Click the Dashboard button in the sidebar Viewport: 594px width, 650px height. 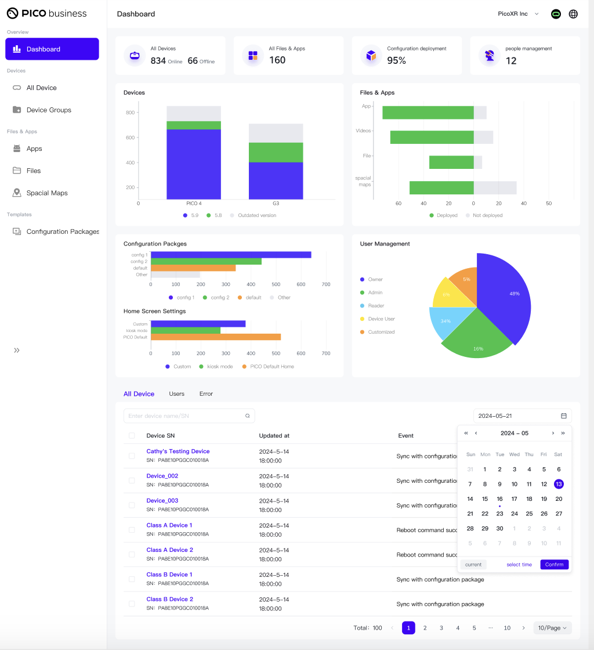52,49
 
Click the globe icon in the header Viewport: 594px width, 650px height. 573,14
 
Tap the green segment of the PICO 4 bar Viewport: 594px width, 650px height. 193,125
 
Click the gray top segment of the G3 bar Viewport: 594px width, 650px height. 276,133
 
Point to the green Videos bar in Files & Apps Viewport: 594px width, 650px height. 432,137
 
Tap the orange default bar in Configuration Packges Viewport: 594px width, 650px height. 193,268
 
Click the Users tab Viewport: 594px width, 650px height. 176,394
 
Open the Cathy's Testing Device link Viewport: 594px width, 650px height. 178,451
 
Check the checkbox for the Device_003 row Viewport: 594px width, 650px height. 132,505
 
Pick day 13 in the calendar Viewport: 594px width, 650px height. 559,484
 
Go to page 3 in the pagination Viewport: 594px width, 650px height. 441,628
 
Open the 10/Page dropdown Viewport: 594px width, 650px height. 552,628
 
